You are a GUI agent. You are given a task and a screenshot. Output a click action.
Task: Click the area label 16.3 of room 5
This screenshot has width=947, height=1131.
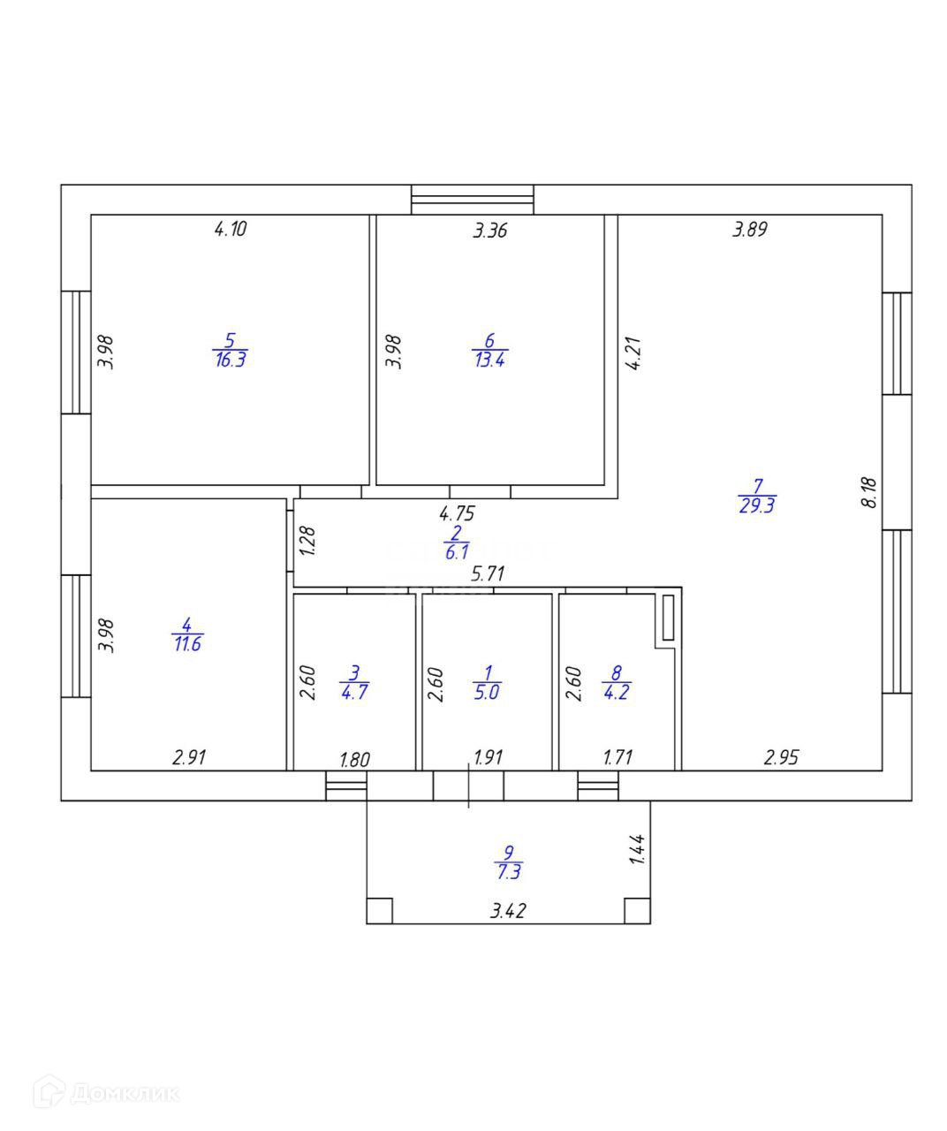coord(230,361)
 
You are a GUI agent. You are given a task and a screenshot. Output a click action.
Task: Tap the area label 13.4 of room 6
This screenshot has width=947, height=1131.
coord(489,361)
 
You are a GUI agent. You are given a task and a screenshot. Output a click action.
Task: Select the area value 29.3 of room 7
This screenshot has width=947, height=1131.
coord(757,506)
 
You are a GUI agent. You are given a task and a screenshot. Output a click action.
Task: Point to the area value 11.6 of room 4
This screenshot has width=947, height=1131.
coord(187,644)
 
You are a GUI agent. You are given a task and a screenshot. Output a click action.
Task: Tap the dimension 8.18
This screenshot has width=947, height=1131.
coord(869,491)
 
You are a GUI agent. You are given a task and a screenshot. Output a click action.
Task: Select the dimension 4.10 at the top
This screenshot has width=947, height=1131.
coord(230,230)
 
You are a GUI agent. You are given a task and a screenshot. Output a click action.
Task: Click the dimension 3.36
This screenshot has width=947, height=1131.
coord(490,232)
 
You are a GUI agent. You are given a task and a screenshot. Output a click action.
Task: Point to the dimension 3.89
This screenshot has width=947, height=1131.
coord(750,230)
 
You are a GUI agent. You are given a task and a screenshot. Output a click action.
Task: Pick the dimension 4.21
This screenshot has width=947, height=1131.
coord(633,353)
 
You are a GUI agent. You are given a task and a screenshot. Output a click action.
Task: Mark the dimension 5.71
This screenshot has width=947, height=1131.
coord(487,573)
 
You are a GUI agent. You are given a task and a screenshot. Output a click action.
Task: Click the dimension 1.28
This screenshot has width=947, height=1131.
coord(307,541)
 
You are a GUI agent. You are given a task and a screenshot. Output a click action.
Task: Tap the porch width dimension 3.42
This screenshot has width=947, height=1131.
coord(508,911)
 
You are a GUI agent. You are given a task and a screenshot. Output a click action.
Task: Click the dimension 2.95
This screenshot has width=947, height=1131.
coord(783,757)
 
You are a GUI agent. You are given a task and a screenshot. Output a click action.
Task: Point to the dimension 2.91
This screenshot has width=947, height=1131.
coord(191,757)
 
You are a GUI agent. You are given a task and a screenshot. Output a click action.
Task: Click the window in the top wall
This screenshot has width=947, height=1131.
coord(473,200)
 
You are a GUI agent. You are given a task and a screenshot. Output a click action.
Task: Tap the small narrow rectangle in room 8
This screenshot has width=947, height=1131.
coord(668,617)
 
